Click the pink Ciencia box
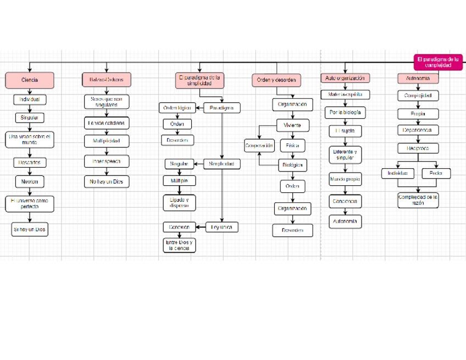(30, 80)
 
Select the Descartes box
(30, 163)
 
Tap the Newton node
(30, 181)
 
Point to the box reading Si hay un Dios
(30, 230)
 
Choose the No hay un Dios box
(107, 181)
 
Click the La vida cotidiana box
(107, 123)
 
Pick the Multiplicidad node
(107, 141)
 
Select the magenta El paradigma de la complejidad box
(438, 62)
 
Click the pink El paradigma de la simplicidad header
(199, 81)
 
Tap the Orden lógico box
(176, 108)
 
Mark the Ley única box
(222, 227)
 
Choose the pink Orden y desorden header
(277, 80)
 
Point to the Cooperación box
(259, 146)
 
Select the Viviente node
(292, 125)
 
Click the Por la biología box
(345, 112)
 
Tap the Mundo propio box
(345, 179)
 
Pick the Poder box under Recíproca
(436, 173)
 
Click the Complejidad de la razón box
(418, 200)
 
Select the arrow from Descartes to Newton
(30, 172)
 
